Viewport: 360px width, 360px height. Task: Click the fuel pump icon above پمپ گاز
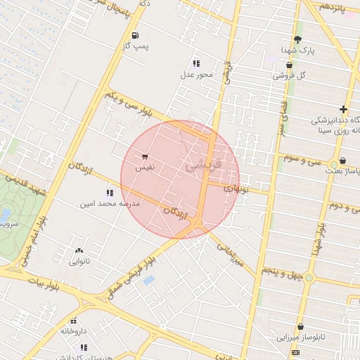tap(135, 35)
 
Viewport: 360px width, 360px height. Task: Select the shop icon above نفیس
tap(144, 157)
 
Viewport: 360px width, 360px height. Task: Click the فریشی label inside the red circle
tap(205, 165)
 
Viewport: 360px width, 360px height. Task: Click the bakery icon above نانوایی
tap(78, 250)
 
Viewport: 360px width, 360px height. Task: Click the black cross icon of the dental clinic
tap(342, 109)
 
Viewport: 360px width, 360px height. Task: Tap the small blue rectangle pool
tap(148, 280)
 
